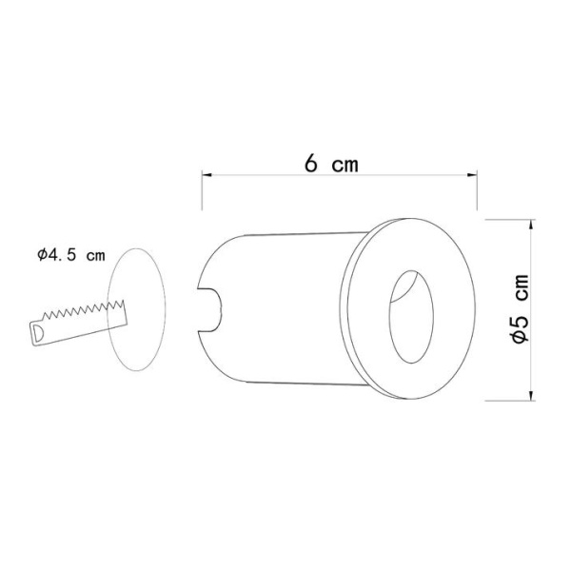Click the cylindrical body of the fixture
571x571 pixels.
pos(276,305)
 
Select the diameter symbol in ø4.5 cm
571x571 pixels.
pos(43,255)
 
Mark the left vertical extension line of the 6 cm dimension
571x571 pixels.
pos(201,190)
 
